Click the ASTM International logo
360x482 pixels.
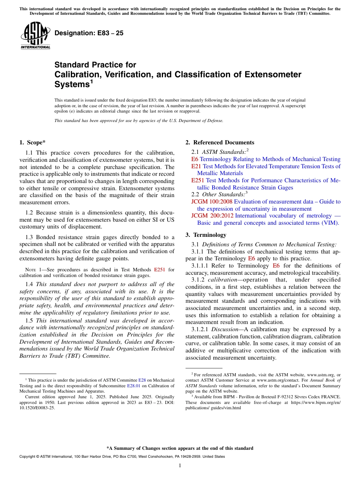[35, 36]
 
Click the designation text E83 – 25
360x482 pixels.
[89, 33]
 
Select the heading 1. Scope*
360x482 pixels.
[32, 142]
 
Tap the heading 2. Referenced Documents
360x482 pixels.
[220, 142]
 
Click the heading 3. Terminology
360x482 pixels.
[206, 235]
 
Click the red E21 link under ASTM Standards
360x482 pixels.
[196, 166]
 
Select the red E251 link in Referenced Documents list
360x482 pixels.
[198, 180]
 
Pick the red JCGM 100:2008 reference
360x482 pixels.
[212, 202]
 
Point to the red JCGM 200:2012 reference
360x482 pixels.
[212, 216]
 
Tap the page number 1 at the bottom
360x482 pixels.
[180, 465]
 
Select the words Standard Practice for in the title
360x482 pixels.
[95, 65]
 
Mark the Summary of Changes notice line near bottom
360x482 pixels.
[180, 448]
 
